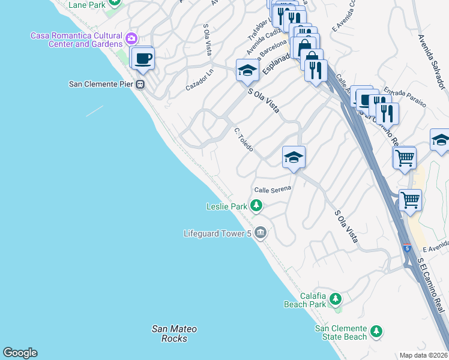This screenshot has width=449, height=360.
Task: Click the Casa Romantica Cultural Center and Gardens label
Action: pyautogui.click(x=77, y=40)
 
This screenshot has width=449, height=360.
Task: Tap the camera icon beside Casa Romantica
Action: pyautogui.click(x=132, y=40)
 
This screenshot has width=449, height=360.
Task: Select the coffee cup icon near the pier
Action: pyautogui.click(x=143, y=59)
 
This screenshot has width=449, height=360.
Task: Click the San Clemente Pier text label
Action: pyautogui.click(x=101, y=84)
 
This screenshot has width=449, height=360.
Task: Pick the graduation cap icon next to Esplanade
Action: pyautogui.click(x=247, y=71)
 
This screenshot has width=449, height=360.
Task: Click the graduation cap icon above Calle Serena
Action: pyautogui.click(x=294, y=157)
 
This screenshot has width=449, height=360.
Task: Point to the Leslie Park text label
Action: pyautogui.click(x=227, y=206)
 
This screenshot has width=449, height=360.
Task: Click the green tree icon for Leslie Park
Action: pyautogui.click(x=256, y=206)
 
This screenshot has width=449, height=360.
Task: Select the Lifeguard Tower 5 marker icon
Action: pyautogui.click(x=260, y=232)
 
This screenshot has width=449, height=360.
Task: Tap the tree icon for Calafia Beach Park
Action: pyautogui.click(x=335, y=298)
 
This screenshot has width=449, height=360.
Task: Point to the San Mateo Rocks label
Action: pyautogui.click(x=174, y=334)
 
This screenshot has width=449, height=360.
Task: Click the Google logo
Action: pyautogui.click(x=20, y=353)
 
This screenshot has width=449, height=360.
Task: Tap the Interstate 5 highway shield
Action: pyautogui.click(x=408, y=248)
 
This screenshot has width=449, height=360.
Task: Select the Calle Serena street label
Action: pyautogui.click(x=273, y=189)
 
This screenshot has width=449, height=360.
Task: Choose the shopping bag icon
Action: pyautogui.click(x=304, y=46)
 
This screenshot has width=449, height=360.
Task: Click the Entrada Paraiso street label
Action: pyautogui.click(x=409, y=96)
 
